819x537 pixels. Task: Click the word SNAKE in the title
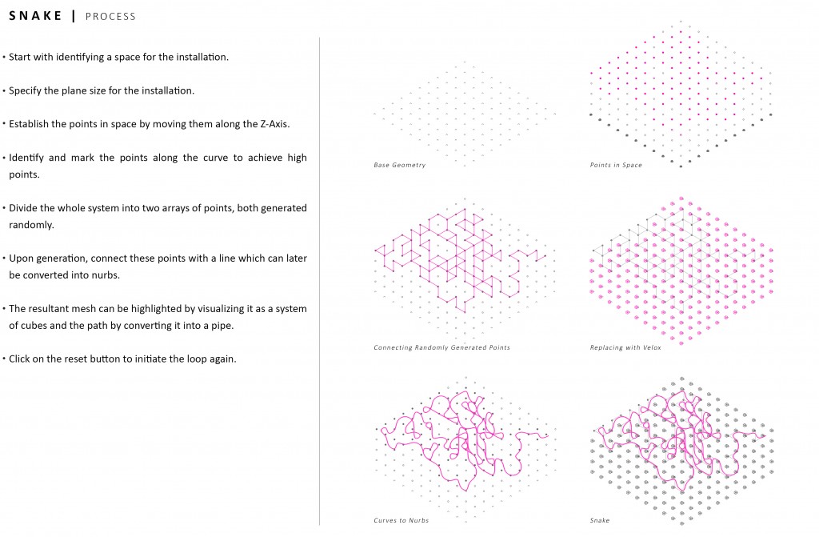coord(35,16)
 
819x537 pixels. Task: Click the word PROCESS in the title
coord(110,17)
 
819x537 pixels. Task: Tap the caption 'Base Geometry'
coord(400,165)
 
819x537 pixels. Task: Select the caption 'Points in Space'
coord(616,165)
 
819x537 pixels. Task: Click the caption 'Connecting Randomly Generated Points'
coord(441,347)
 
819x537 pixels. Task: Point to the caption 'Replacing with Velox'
coord(625,347)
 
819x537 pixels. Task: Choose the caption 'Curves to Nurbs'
coord(402,520)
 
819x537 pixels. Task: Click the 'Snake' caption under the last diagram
coord(600,520)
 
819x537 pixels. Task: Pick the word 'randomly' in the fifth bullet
coord(30,226)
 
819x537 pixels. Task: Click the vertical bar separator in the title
coord(74,16)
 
